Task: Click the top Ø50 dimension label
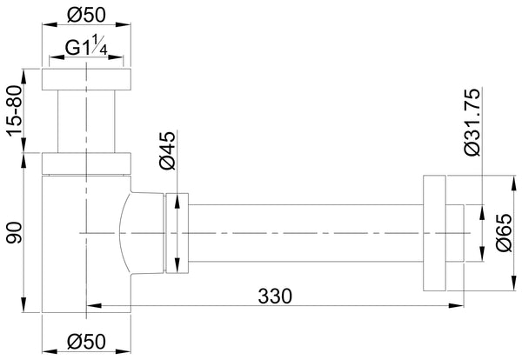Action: [86, 16]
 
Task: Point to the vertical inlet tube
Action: [86, 121]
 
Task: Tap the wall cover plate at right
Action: [434, 233]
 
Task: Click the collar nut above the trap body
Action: [86, 163]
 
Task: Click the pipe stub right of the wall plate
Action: [455, 233]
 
